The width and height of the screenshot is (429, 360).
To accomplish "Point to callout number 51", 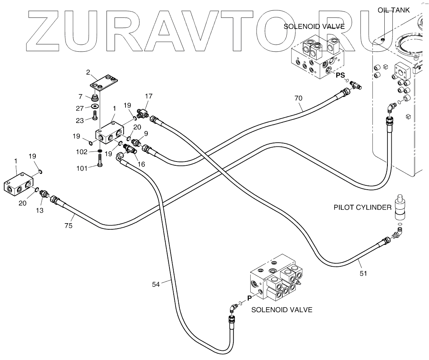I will pos(363,273).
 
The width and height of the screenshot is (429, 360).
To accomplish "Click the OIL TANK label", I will pos(393,10).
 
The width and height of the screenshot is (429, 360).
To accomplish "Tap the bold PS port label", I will pos(340,75).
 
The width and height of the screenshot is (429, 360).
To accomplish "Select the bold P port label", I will pos(249,298).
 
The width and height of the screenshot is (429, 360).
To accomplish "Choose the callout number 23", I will pos(80,120).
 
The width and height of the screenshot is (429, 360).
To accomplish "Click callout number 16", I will pos(141,164).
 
